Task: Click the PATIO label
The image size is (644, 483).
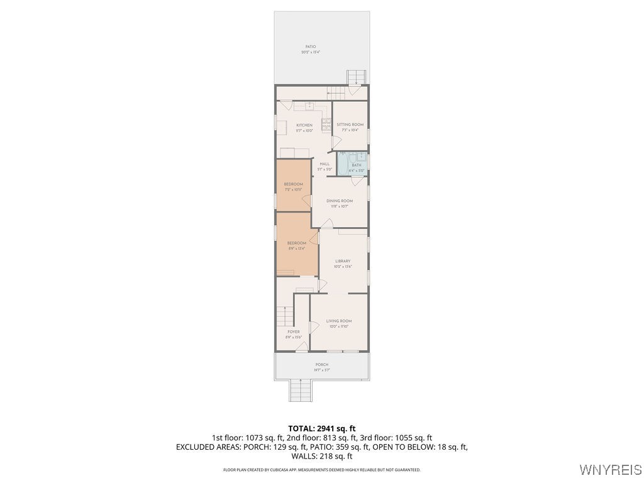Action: tap(311, 47)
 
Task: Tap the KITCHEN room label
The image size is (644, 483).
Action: tap(304, 125)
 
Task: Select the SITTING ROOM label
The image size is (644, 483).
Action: tap(350, 125)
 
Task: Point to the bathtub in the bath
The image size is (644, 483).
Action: tap(342, 164)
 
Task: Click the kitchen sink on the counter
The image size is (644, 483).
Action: tap(309, 106)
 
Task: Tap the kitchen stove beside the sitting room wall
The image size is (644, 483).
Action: tap(326, 125)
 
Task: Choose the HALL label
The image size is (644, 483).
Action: tap(325, 164)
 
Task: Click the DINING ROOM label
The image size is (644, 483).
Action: tap(339, 201)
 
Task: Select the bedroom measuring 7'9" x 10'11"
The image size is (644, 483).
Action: tap(294, 185)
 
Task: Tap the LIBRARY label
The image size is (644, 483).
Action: tap(343, 261)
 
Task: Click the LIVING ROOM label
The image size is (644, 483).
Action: tap(338, 321)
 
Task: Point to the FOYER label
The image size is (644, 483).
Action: tap(293, 332)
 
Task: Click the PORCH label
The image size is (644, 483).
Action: tap(322, 365)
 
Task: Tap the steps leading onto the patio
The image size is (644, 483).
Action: tap(356, 77)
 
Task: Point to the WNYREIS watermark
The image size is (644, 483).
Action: tap(610, 470)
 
